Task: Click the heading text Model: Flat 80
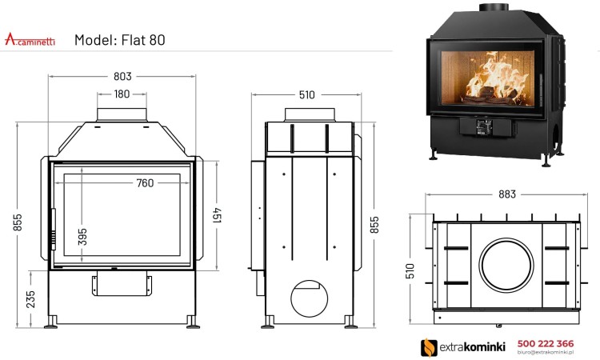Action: (x=119, y=39)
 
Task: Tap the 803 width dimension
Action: (x=122, y=76)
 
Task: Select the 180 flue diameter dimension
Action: (x=122, y=94)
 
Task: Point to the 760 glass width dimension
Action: (x=144, y=183)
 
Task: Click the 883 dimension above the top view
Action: (x=506, y=193)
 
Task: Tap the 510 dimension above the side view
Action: (x=306, y=94)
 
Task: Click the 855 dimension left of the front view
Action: (x=18, y=223)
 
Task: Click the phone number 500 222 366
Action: (x=545, y=342)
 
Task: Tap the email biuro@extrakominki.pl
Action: (x=545, y=352)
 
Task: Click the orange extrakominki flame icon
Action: (x=429, y=346)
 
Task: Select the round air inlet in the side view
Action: (x=306, y=298)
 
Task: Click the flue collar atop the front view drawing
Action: (x=122, y=114)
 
